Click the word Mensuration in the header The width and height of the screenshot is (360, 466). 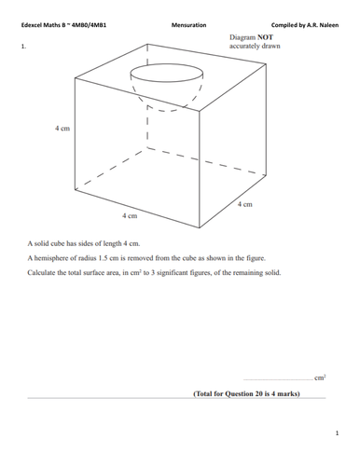pos(189,25)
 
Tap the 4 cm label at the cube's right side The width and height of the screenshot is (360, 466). pos(245,203)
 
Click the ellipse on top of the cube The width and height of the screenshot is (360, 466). pos(166,74)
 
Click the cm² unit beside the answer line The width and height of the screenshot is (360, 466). pos(320,377)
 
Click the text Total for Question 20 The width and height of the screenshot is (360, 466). pos(233,393)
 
